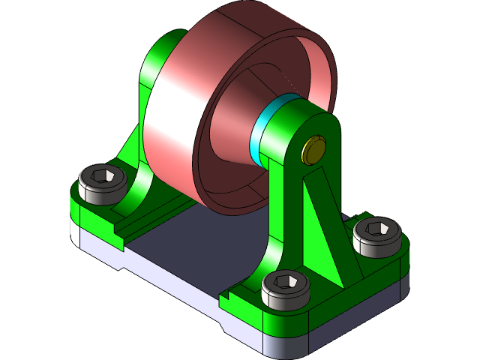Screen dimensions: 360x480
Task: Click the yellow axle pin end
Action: click(313, 150)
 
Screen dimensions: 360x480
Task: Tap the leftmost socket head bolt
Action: click(101, 184)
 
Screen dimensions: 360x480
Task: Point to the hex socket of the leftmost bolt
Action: click(102, 177)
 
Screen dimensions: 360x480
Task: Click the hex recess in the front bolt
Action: click(286, 282)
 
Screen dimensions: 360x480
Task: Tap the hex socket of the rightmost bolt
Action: click(377, 227)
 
